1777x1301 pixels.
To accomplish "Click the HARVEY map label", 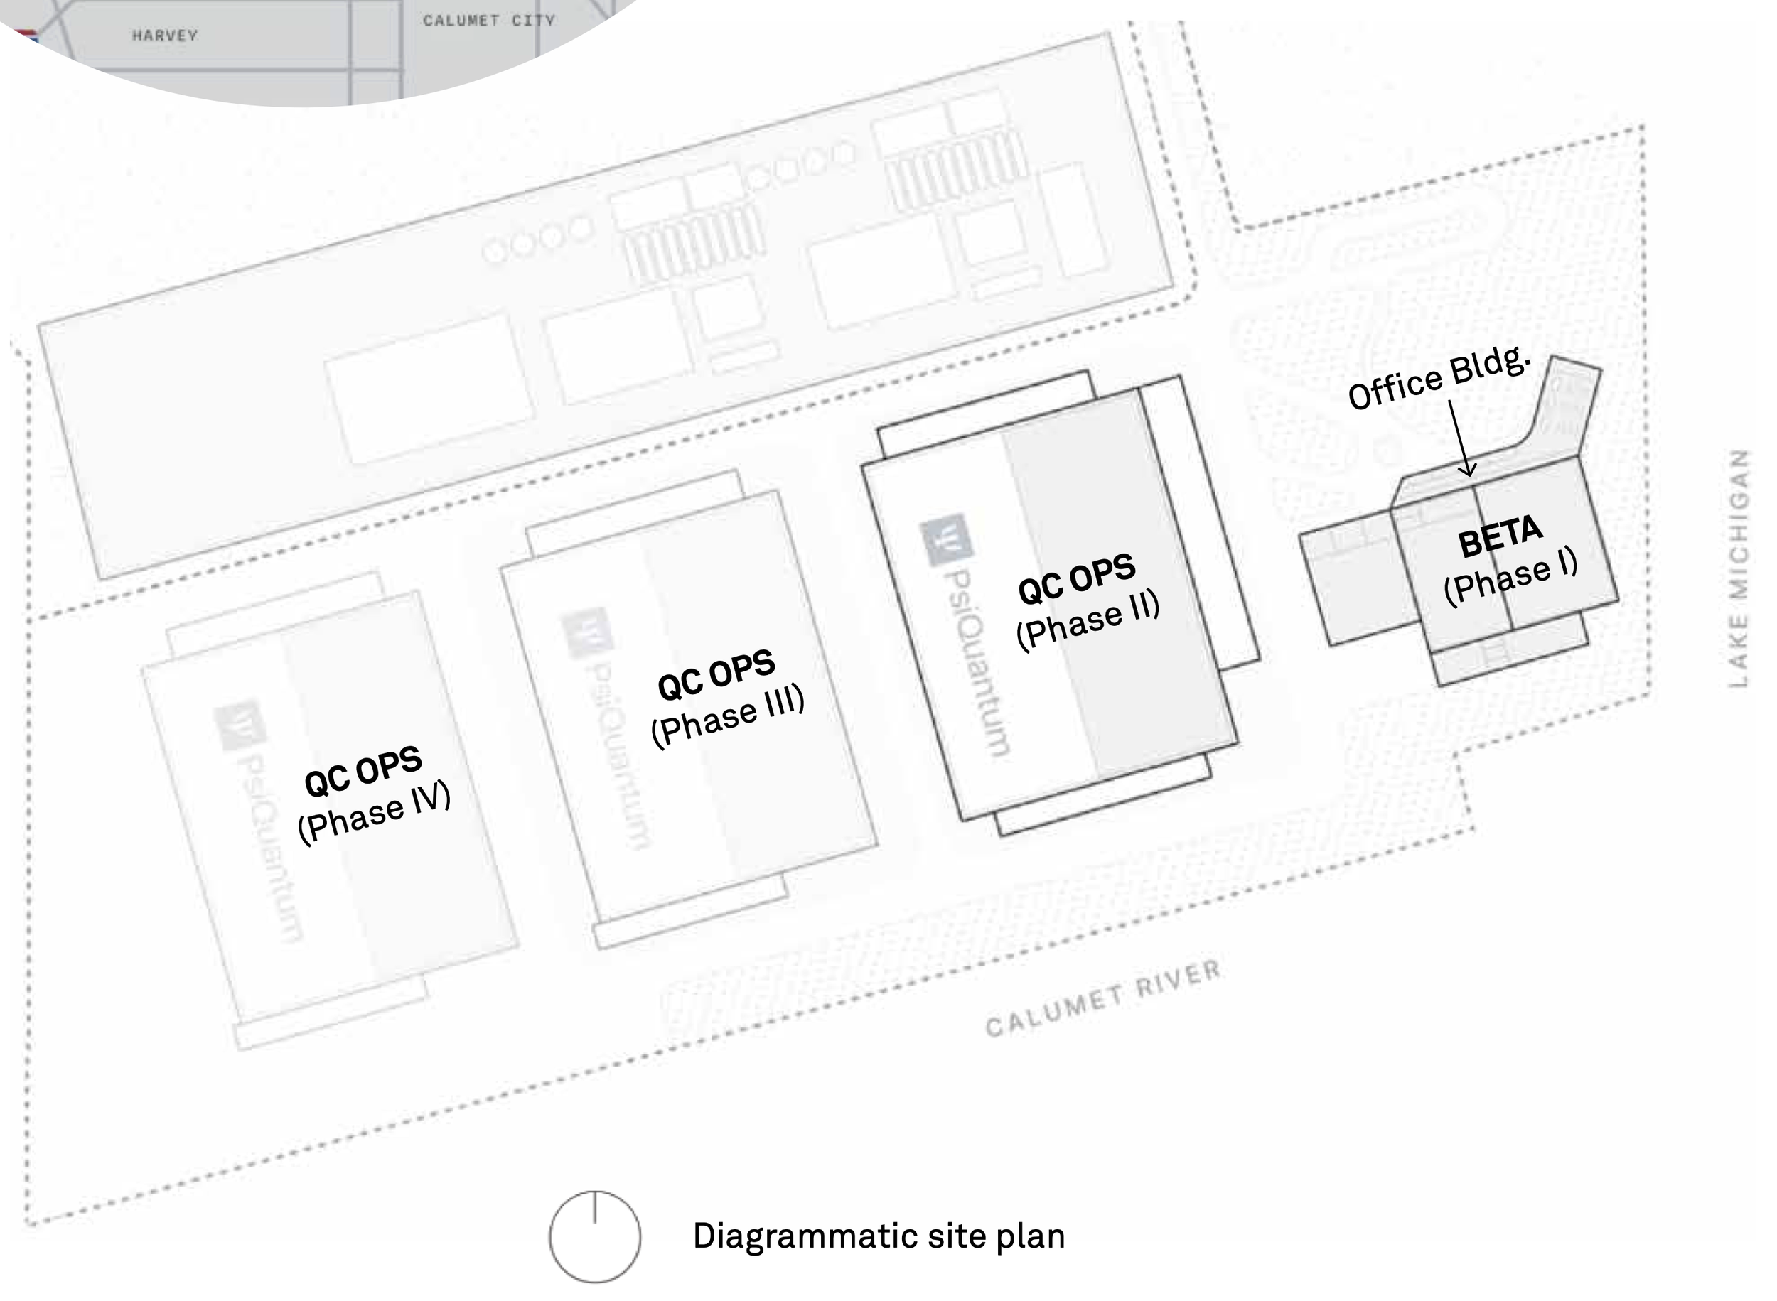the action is (x=165, y=36).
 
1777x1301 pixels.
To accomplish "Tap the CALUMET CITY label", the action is (x=488, y=21).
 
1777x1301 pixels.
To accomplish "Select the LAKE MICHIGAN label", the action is (x=1739, y=568).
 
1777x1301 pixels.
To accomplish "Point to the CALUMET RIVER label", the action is (x=1102, y=998).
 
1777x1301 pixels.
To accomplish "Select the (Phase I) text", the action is (x=1510, y=576).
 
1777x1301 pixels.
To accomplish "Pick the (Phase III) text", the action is (x=728, y=714).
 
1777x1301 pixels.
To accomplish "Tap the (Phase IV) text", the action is (x=374, y=812).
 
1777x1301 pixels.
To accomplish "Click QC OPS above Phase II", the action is (x=1077, y=578).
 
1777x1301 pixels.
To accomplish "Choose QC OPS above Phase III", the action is (x=716, y=675).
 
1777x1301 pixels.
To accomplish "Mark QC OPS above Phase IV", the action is (x=363, y=771).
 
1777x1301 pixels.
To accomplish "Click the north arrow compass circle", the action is (x=595, y=1236).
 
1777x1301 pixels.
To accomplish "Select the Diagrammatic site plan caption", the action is (x=879, y=1236).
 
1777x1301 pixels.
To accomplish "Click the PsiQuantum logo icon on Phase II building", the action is (x=946, y=539).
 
